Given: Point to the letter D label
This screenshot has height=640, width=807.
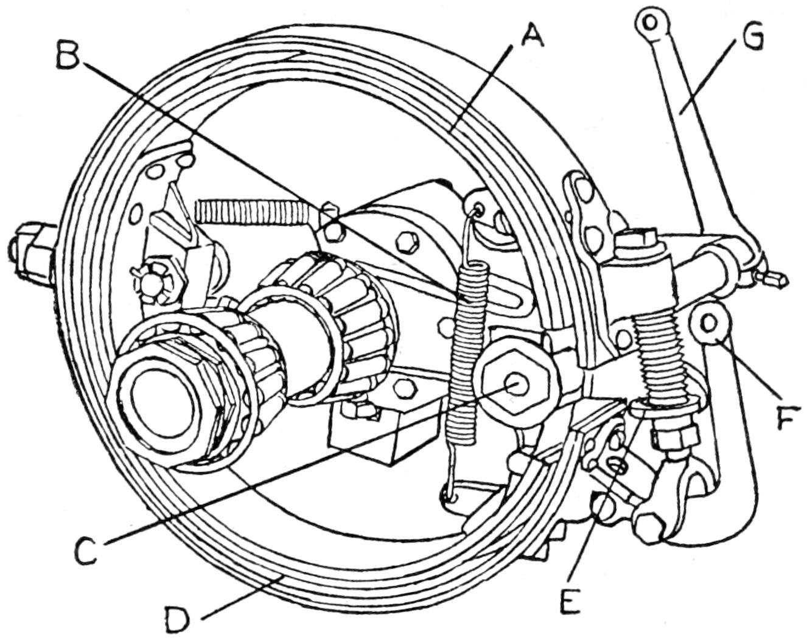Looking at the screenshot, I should tap(179, 619).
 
